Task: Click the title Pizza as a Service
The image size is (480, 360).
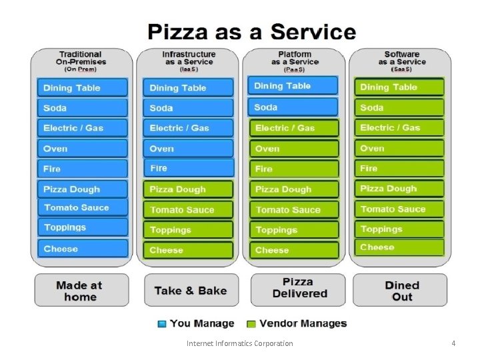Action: pyautogui.click(x=251, y=32)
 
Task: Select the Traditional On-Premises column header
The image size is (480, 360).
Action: pyautogui.click(x=81, y=61)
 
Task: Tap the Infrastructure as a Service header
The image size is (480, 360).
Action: pyautogui.click(x=189, y=61)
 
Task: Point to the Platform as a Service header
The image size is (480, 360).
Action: pyautogui.click(x=294, y=61)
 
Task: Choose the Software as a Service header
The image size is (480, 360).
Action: pyautogui.click(x=401, y=61)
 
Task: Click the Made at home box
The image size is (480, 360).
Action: pyautogui.click(x=81, y=291)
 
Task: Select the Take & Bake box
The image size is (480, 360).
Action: pyautogui.click(x=189, y=291)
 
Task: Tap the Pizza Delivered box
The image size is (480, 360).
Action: pyautogui.click(x=297, y=288)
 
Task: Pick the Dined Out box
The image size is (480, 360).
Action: pyautogui.click(x=402, y=291)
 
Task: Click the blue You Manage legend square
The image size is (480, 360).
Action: pyautogui.click(x=162, y=324)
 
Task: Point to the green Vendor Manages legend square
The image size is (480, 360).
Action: pyautogui.click(x=251, y=324)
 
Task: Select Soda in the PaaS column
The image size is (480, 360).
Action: pyautogui.click(x=294, y=107)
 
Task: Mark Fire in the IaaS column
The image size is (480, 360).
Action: pyautogui.click(x=189, y=168)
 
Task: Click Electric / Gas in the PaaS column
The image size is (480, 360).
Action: pyautogui.click(x=294, y=128)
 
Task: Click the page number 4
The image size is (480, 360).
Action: pyautogui.click(x=453, y=343)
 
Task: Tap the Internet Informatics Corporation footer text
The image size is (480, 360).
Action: pyautogui.click(x=239, y=343)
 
